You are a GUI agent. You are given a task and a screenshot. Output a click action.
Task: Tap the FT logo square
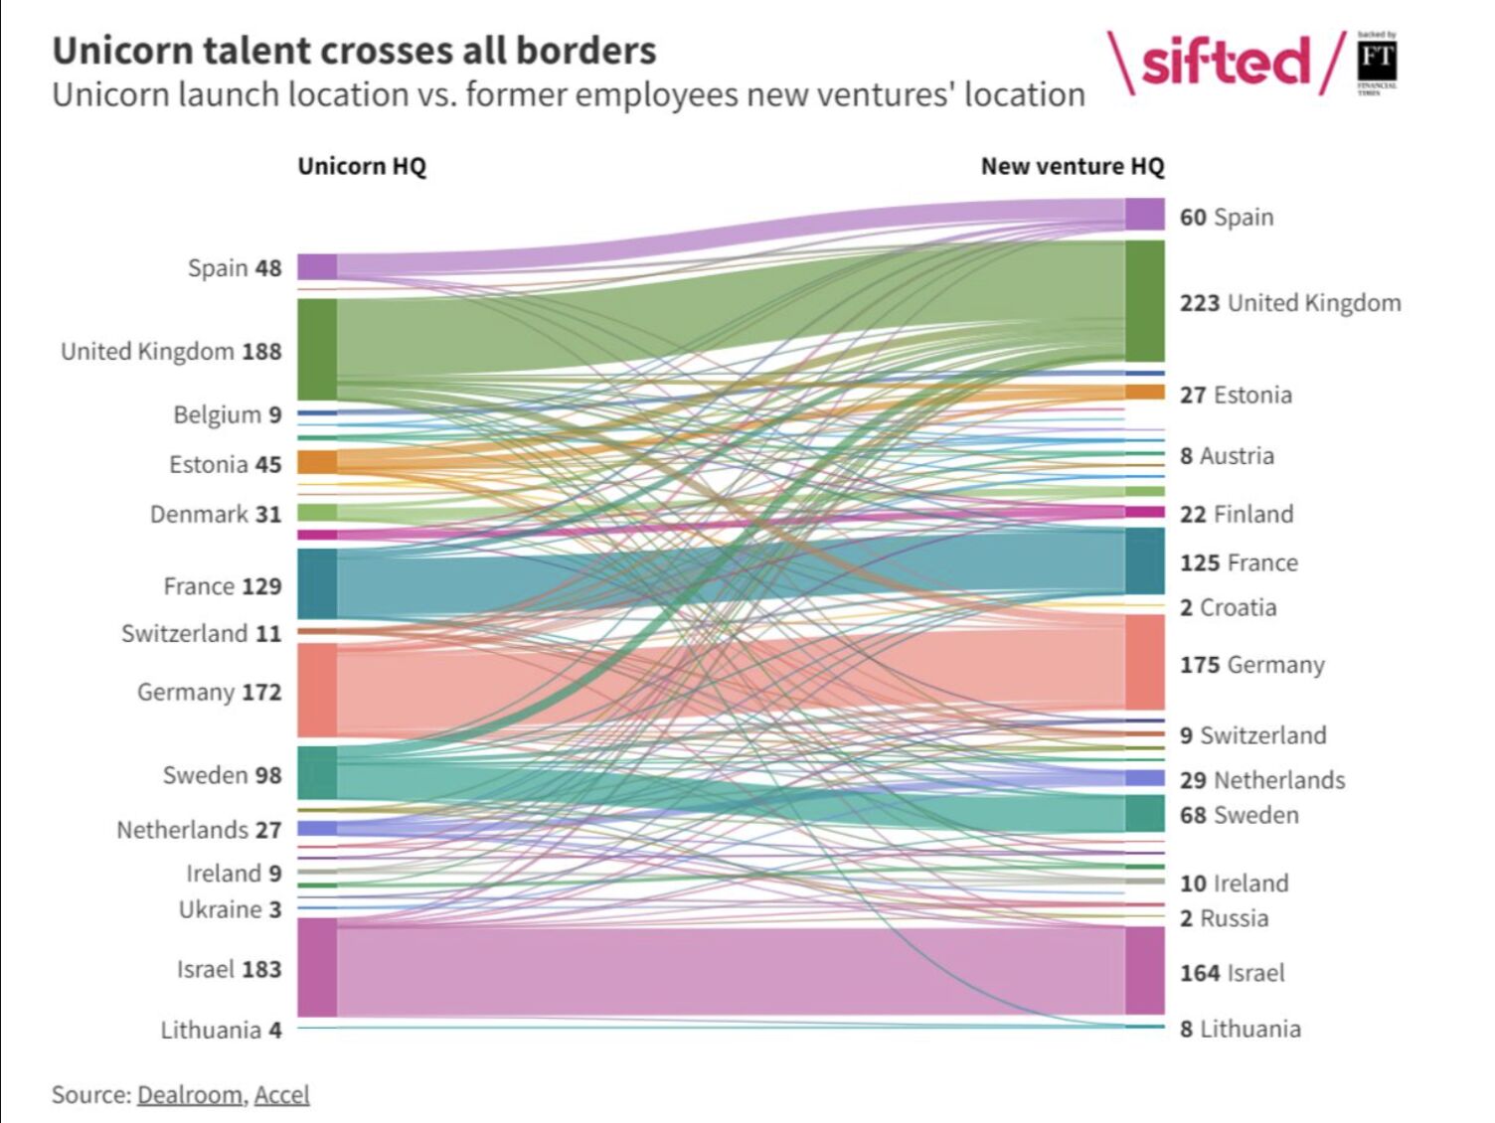pos(1377,62)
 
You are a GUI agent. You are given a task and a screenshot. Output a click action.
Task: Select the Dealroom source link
pos(189,1094)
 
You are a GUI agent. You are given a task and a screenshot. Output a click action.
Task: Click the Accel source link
pos(281,1094)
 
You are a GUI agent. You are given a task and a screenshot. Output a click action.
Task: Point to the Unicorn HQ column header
pos(362,166)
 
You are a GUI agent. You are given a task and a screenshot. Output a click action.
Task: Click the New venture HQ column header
pos(1072,166)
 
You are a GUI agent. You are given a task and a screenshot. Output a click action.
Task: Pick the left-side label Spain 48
pos(235,268)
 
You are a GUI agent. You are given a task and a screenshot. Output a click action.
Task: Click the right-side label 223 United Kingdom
pos(1289,303)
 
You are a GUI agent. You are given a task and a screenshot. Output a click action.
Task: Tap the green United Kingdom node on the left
pos(317,349)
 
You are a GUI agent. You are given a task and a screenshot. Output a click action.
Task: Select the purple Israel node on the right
pos(1144,970)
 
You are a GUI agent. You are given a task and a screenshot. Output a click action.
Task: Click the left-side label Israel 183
pos(229,969)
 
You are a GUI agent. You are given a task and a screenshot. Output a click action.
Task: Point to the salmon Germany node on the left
pos(317,690)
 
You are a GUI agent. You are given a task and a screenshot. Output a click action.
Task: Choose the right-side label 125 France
pos(1239,562)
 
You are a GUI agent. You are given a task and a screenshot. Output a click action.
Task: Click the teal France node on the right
pos(1144,561)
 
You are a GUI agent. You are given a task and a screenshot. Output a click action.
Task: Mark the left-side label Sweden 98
pos(222,775)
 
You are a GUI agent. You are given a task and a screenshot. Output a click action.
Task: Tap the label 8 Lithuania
pos(1240,1029)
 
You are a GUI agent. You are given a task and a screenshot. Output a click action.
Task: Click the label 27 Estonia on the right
pos(1236,395)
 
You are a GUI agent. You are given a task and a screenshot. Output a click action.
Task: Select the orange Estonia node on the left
pos(317,461)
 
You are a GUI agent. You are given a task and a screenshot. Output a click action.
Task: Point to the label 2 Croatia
pos(1228,607)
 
